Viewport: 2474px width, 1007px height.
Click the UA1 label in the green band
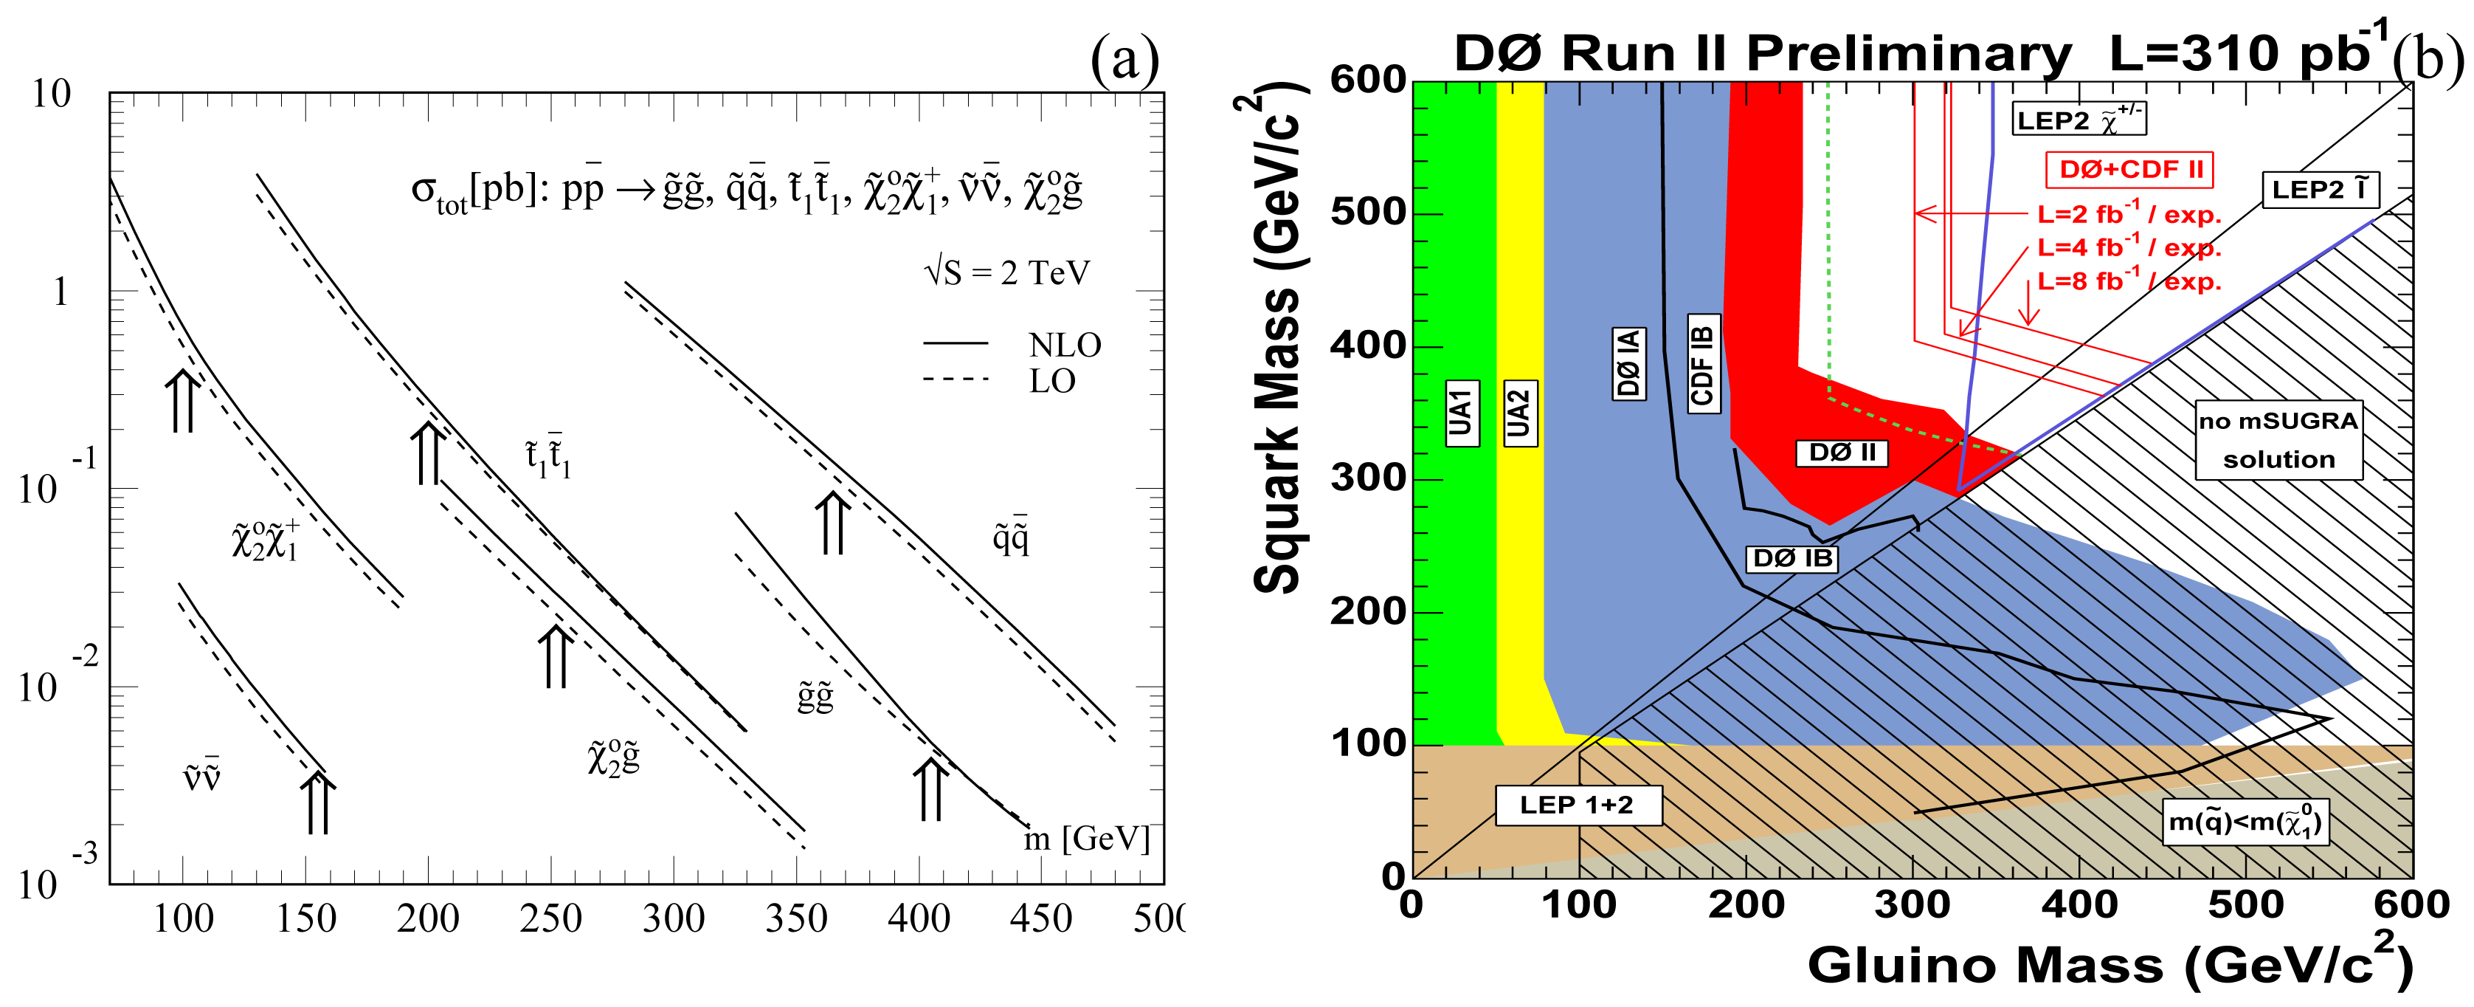1461,413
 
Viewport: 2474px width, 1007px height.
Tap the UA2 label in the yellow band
1518,413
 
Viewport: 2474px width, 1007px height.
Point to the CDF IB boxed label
1703,363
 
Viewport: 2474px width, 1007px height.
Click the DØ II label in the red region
1841,453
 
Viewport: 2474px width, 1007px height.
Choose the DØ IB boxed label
1791,558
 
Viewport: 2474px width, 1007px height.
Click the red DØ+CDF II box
2129,170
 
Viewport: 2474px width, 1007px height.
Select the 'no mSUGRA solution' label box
2278,440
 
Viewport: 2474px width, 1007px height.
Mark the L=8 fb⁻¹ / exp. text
2129,281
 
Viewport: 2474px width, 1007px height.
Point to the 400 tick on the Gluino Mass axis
2079,905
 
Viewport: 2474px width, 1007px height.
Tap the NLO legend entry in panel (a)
1064,344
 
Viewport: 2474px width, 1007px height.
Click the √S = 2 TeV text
1006,273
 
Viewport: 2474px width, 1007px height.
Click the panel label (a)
1124,60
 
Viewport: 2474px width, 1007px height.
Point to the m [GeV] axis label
1085,839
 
